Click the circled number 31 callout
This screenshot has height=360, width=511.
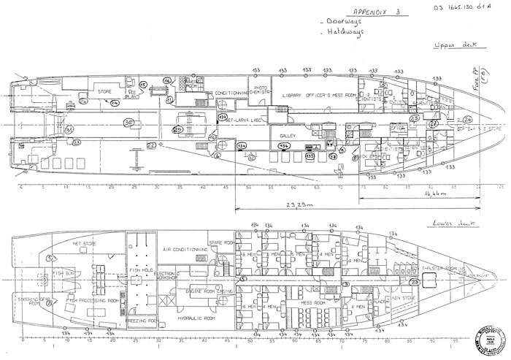coord(69,130)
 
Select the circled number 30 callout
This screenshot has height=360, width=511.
coord(128,122)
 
